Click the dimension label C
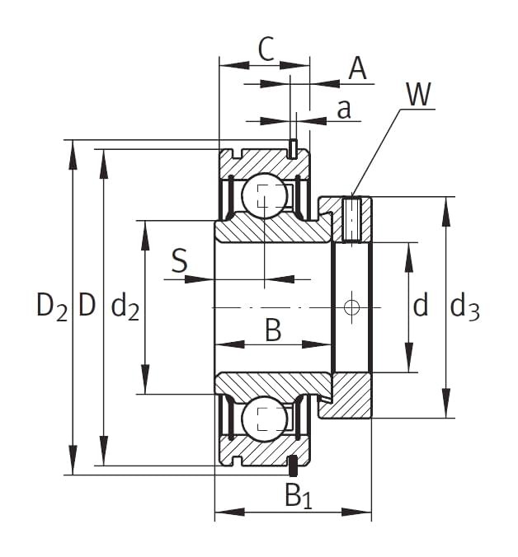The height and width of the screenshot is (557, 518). pyautogui.click(x=265, y=49)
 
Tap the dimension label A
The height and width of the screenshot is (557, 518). pyautogui.click(x=356, y=68)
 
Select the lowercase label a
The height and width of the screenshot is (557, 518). pyautogui.click(x=345, y=109)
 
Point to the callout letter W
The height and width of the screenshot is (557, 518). pyautogui.click(x=417, y=96)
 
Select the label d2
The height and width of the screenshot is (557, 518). pyautogui.click(x=125, y=307)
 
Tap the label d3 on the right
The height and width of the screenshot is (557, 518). pyautogui.click(x=464, y=307)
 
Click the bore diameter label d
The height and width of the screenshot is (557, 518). pyautogui.click(x=421, y=307)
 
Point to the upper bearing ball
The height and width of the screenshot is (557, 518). pyautogui.click(x=264, y=197)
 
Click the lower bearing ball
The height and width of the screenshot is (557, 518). pyautogui.click(x=264, y=418)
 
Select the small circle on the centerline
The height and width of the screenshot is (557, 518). pyautogui.click(x=352, y=307)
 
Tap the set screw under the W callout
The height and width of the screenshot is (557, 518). pyautogui.click(x=352, y=219)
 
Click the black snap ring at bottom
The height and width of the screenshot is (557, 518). pyautogui.click(x=292, y=466)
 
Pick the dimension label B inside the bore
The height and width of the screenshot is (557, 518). pyautogui.click(x=273, y=330)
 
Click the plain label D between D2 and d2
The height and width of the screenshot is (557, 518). pyautogui.click(x=87, y=307)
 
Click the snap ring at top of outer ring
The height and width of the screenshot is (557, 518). pyautogui.click(x=292, y=148)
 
